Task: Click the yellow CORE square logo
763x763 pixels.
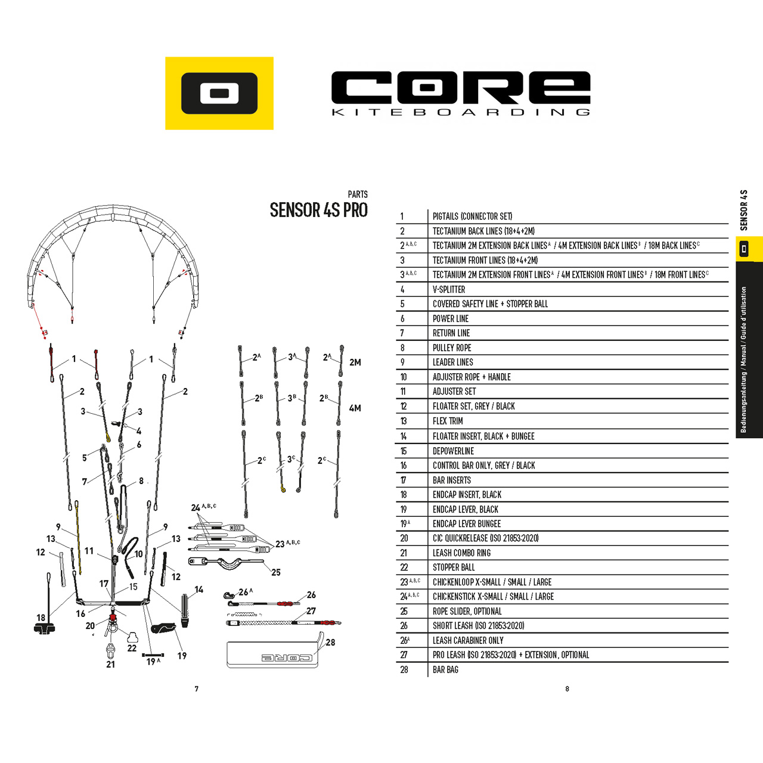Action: (x=219, y=93)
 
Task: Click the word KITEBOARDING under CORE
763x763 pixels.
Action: (x=461, y=113)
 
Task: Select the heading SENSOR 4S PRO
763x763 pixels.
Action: (x=319, y=210)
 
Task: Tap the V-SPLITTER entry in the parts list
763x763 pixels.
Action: (x=449, y=290)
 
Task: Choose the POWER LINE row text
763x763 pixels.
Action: (x=450, y=319)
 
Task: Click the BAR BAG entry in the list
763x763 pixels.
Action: (x=445, y=669)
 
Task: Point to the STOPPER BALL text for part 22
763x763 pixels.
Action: (x=454, y=567)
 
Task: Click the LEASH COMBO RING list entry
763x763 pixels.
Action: (x=461, y=553)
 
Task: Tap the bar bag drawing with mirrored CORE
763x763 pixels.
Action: (x=273, y=654)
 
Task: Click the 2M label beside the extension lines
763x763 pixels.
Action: (x=355, y=362)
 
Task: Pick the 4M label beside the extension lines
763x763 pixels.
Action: (x=355, y=408)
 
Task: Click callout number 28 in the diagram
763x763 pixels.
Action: (x=330, y=642)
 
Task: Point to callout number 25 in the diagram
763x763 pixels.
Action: (x=276, y=572)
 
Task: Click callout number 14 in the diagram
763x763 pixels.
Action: (x=198, y=590)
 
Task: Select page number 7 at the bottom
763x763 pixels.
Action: (x=196, y=689)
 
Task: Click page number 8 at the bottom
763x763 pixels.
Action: (x=567, y=689)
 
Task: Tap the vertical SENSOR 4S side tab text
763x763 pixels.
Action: (x=743, y=210)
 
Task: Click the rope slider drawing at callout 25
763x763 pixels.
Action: (x=226, y=563)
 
